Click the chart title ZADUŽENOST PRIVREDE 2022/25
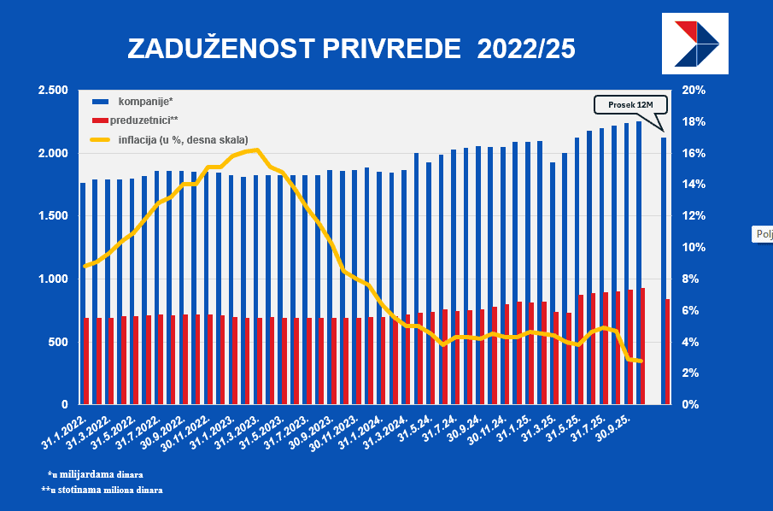351,49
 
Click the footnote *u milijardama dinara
96,473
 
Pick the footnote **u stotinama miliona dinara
102,490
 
